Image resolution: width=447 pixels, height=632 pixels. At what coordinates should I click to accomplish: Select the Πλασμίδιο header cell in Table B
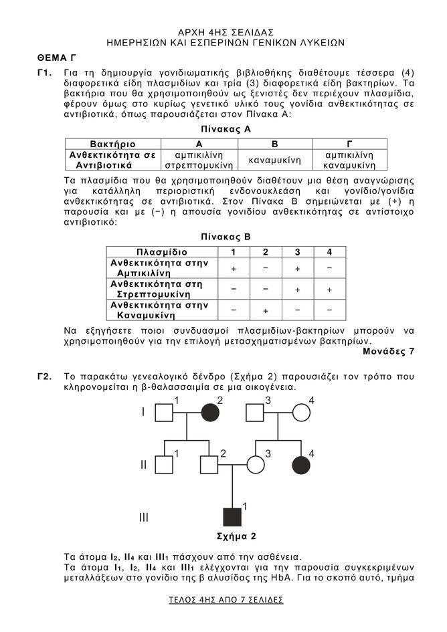coord(165,251)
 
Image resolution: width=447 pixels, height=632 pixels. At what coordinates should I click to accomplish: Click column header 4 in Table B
coord(329,251)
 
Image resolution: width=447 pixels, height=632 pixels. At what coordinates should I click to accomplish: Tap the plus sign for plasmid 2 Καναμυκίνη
coord(266,310)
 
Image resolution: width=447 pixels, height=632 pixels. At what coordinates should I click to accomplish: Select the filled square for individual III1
coord(232,517)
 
